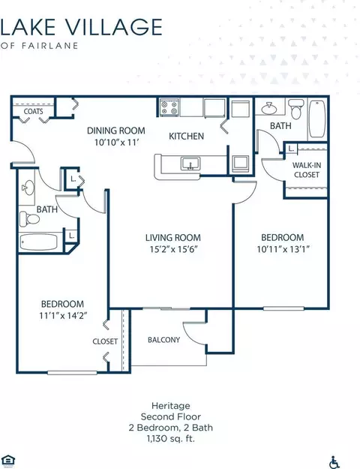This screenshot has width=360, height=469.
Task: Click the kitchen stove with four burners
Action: (169, 107)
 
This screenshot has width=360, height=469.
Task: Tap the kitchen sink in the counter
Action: (190, 164)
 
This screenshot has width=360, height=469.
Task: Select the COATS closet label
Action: (33, 112)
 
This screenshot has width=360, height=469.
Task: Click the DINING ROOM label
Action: (116, 131)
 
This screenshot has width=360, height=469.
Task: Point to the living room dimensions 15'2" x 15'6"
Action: (173, 249)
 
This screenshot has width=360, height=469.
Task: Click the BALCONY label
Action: (163, 340)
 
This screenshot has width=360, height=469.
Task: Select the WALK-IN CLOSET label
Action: (306, 170)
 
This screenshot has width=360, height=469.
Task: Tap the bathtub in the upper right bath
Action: (317, 119)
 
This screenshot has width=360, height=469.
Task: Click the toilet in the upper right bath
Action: (296, 109)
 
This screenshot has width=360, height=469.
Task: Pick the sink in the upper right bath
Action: (269, 109)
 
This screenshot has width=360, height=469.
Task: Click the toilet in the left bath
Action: (29, 219)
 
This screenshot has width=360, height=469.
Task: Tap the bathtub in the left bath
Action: (38, 242)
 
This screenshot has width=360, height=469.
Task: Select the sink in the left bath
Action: (28, 188)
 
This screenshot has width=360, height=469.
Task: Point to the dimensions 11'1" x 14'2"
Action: (63, 316)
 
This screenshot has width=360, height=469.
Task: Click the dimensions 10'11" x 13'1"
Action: (283, 249)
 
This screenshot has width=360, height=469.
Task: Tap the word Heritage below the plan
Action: (171, 406)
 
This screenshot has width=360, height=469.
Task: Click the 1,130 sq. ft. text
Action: (171, 439)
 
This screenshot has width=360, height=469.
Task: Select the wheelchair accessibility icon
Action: (334, 462)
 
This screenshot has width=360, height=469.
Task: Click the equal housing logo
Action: (8, 461)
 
